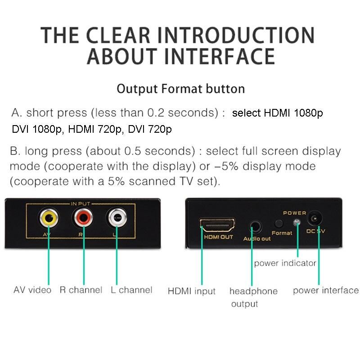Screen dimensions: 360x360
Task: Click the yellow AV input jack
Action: point(49,217)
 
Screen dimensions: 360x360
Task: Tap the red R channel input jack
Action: point(83,217)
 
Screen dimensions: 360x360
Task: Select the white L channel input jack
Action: point(117,217)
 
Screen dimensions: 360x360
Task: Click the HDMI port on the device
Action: point(217,225)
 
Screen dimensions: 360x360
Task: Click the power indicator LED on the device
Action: point(297,222)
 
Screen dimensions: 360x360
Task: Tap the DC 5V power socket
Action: point(314,218)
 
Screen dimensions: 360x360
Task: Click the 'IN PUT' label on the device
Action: point(81,204)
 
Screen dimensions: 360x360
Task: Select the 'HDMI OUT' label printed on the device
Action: point(219,237)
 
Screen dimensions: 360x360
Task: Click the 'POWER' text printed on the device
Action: point(295,213)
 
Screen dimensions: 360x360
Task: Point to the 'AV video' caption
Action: point(32,290)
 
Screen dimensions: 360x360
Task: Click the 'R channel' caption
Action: point(81,290)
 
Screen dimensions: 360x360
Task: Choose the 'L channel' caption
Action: point(131,290)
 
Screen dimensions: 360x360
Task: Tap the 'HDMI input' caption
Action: point(192,291)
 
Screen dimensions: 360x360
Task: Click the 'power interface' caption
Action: point(326,290)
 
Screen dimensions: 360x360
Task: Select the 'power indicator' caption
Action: point(285,263)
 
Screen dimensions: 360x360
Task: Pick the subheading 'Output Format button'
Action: point(181,89)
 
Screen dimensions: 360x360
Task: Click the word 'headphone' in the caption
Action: point(253,291)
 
